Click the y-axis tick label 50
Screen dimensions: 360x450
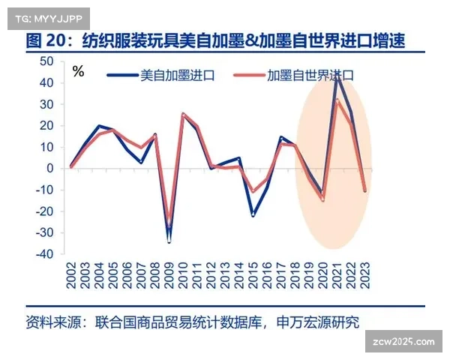click(x=46, y=61)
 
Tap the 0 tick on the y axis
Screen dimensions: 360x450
click(x=49, y=168)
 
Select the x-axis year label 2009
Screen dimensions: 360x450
click(x=169, y=278)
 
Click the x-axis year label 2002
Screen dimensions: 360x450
click(x=71, y=278)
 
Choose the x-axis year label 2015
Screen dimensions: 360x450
click(x=253, y=278)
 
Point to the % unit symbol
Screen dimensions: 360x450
click(x=78, y=72)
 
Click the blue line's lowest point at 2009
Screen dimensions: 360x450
click(x=169, y=241)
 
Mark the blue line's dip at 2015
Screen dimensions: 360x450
click(x=253, y=216)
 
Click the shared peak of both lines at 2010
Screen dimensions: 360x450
click(x=184, y=115)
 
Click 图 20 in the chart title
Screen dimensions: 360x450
click(x=44, y=41)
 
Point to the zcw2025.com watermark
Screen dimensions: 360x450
click(x=402, y=342)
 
